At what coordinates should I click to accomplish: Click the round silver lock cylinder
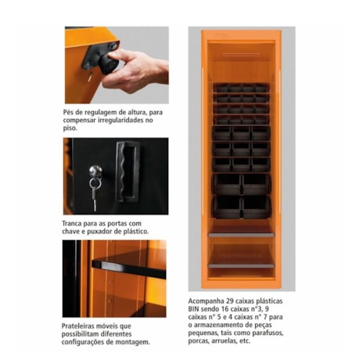95,171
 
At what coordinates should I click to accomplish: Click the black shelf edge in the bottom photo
129,266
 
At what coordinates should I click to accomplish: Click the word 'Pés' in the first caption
70,113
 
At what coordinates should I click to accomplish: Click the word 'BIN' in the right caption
196,308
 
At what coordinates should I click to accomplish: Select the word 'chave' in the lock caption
73,232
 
